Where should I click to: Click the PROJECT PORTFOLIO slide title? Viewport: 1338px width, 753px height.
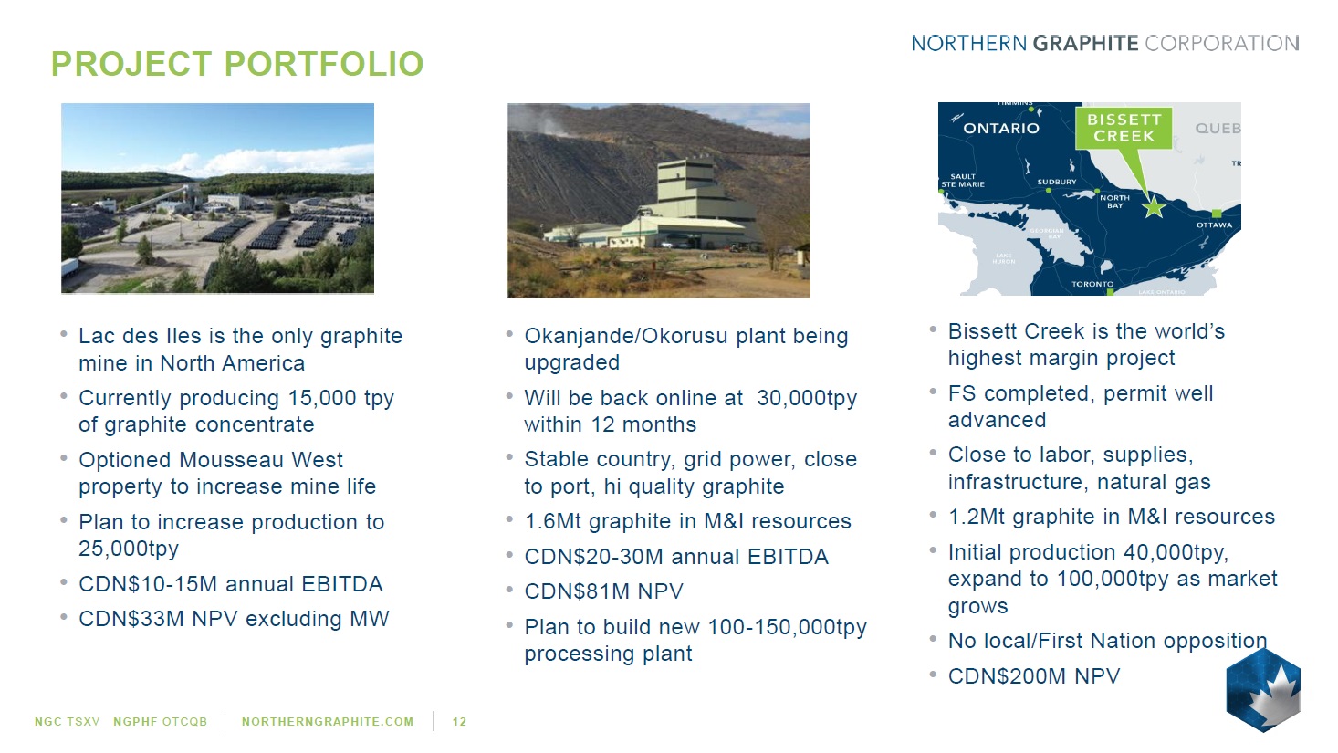pos(237,64)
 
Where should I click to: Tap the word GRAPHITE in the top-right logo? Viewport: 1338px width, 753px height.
pos(1086,44)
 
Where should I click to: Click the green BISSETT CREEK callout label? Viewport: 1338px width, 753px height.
pos(1124,128)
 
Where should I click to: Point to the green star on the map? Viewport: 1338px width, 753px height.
pos(1154,207)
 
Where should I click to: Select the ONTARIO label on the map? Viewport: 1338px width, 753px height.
pos(1001,129)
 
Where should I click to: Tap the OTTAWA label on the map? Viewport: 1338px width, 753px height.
pos(1215,225)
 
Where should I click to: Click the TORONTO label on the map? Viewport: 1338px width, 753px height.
pos(1092,284)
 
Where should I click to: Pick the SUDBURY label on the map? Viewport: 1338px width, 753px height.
pos(1057,182)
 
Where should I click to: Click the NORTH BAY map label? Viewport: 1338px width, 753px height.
pos(1115,202)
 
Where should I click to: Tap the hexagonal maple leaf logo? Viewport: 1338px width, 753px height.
pos(1263,690)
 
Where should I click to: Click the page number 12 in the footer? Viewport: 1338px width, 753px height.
pos(459,722)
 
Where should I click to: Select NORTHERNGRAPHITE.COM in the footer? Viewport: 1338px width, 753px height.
pos(328,722)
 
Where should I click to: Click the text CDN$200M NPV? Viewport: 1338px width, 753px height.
pos(1034,676)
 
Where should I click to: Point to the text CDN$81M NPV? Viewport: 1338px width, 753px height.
pos(603,591)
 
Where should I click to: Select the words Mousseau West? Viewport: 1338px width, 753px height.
pos(261,460)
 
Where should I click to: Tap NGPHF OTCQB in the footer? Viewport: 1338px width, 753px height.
pos(160,722)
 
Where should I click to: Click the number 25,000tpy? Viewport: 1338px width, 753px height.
pos(129,549)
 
